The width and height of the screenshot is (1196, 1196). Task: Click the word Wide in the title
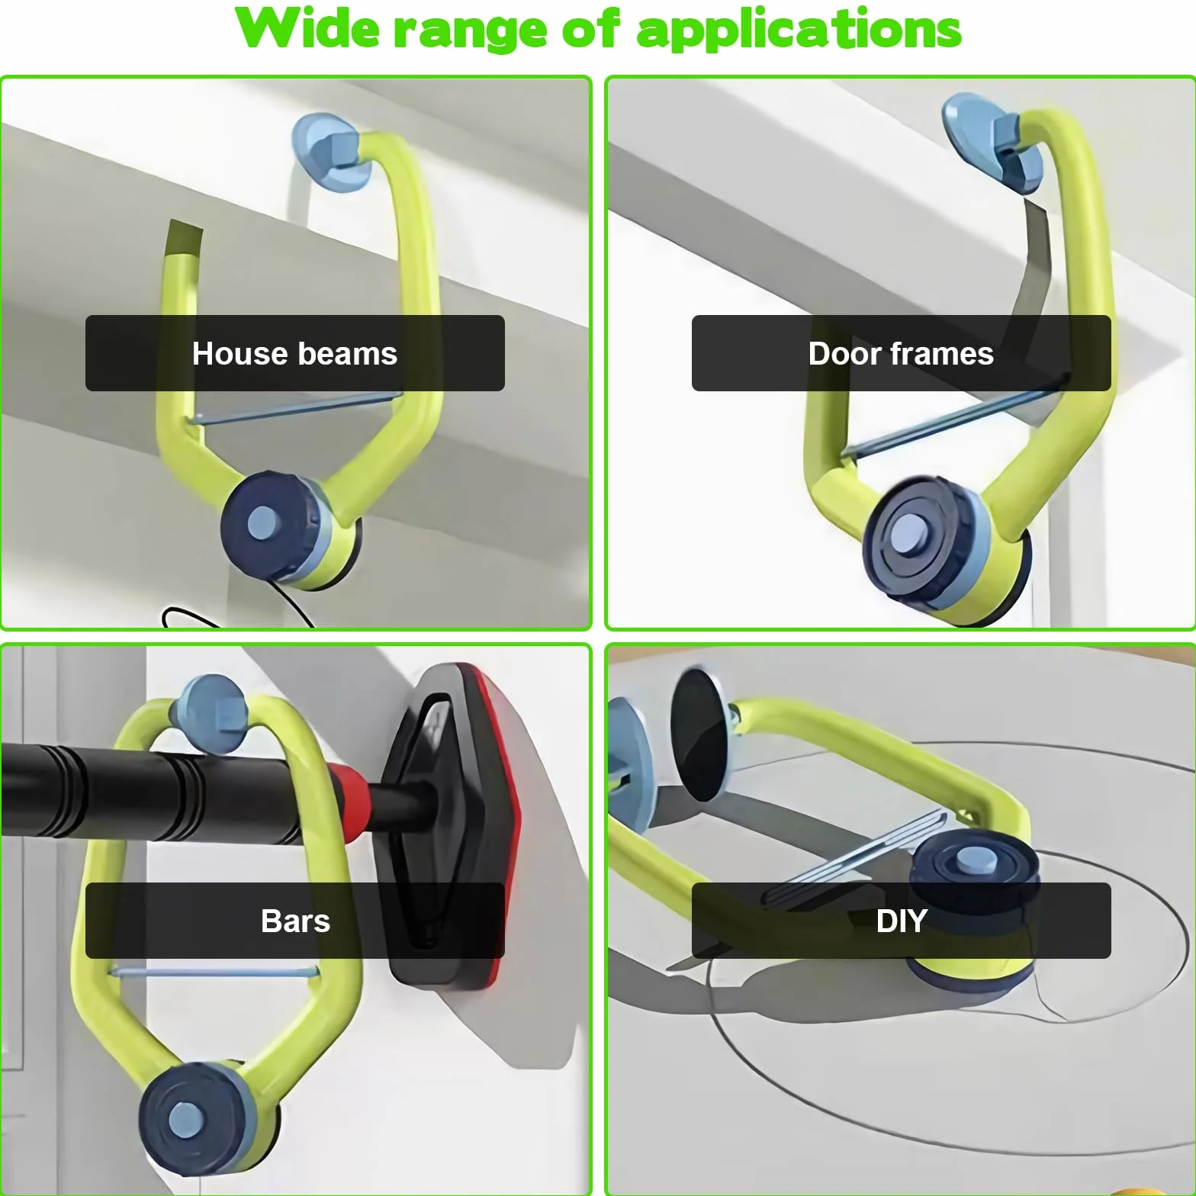pos(307,29)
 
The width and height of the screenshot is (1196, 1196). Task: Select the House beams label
pos(295,353)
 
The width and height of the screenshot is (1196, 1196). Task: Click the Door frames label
pos(901,353)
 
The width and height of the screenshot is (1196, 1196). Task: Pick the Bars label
pos(295,921)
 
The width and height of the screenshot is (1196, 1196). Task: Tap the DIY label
pos(901,921)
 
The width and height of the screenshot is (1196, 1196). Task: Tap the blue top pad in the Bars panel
pos(208,713)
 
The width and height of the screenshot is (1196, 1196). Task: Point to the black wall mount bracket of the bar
pos(450,824)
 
